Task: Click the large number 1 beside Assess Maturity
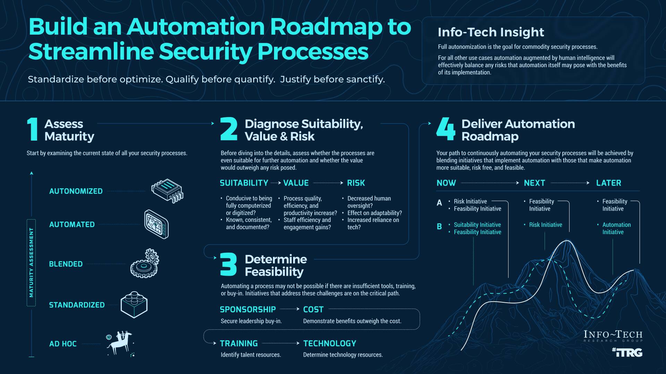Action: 33,129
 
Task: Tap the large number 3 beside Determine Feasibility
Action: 228,265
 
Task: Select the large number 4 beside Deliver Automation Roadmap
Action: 446,129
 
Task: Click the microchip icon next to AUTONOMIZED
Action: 167,190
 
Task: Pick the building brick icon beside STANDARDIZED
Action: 134,304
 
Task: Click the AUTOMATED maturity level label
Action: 72,224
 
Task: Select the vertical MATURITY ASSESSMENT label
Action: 31,262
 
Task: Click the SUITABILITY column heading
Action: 244,183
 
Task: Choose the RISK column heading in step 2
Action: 356,183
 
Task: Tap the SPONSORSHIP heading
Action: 248,309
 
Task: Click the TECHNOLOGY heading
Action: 330,343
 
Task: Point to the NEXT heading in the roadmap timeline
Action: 534,183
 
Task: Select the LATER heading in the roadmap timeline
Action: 608,183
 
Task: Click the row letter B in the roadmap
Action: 439,226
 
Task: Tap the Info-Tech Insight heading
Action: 490,32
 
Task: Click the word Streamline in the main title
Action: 91,51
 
